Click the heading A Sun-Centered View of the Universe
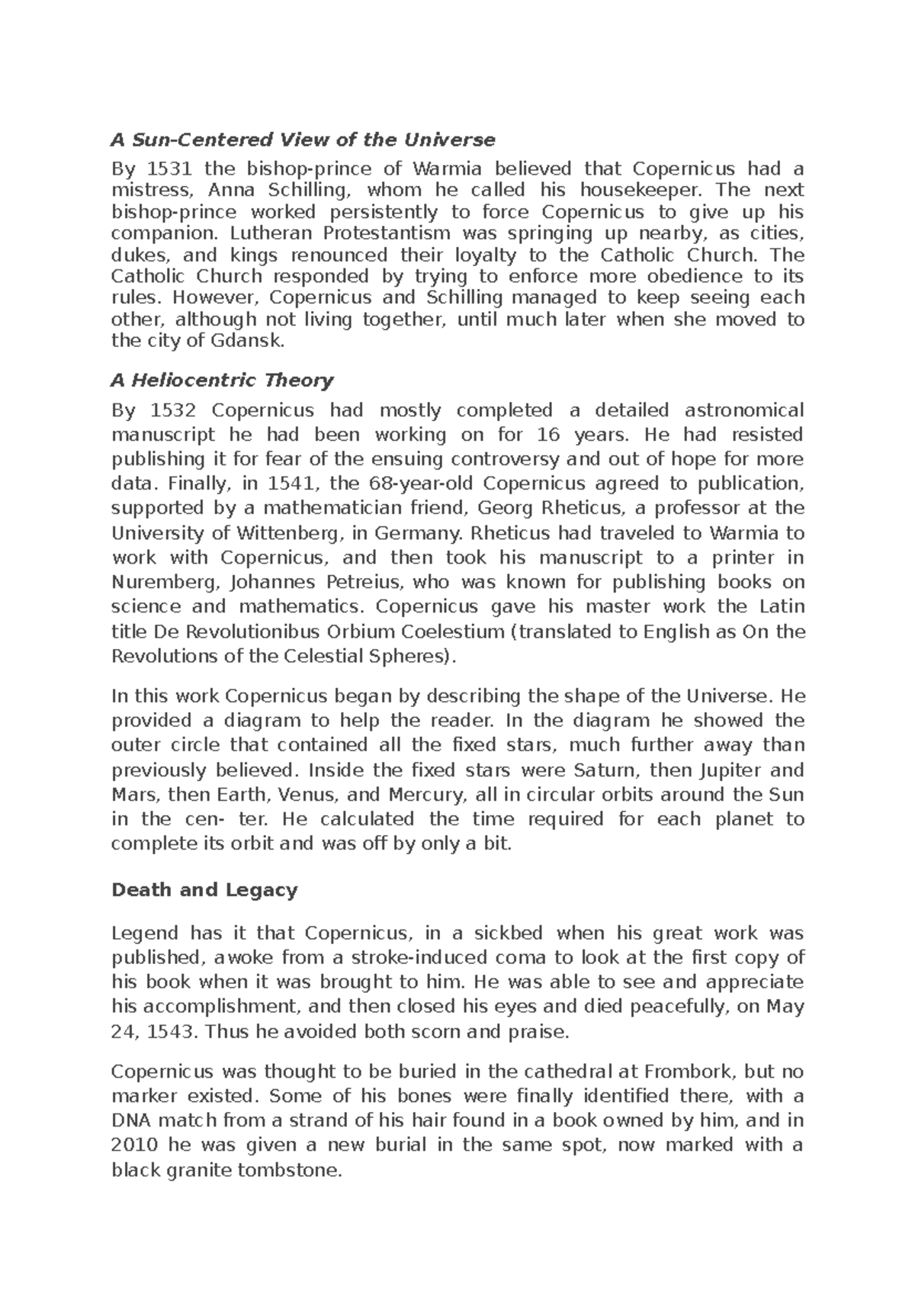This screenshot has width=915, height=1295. pyautogui.click(x=303, y=140)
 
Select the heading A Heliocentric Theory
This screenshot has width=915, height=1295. pyautogui.click(x=223, y=380)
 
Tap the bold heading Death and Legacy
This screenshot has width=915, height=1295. pyautogui.click(x=204, y=890)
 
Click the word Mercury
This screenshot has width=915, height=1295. pyautogui.click(x=426, y=795)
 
